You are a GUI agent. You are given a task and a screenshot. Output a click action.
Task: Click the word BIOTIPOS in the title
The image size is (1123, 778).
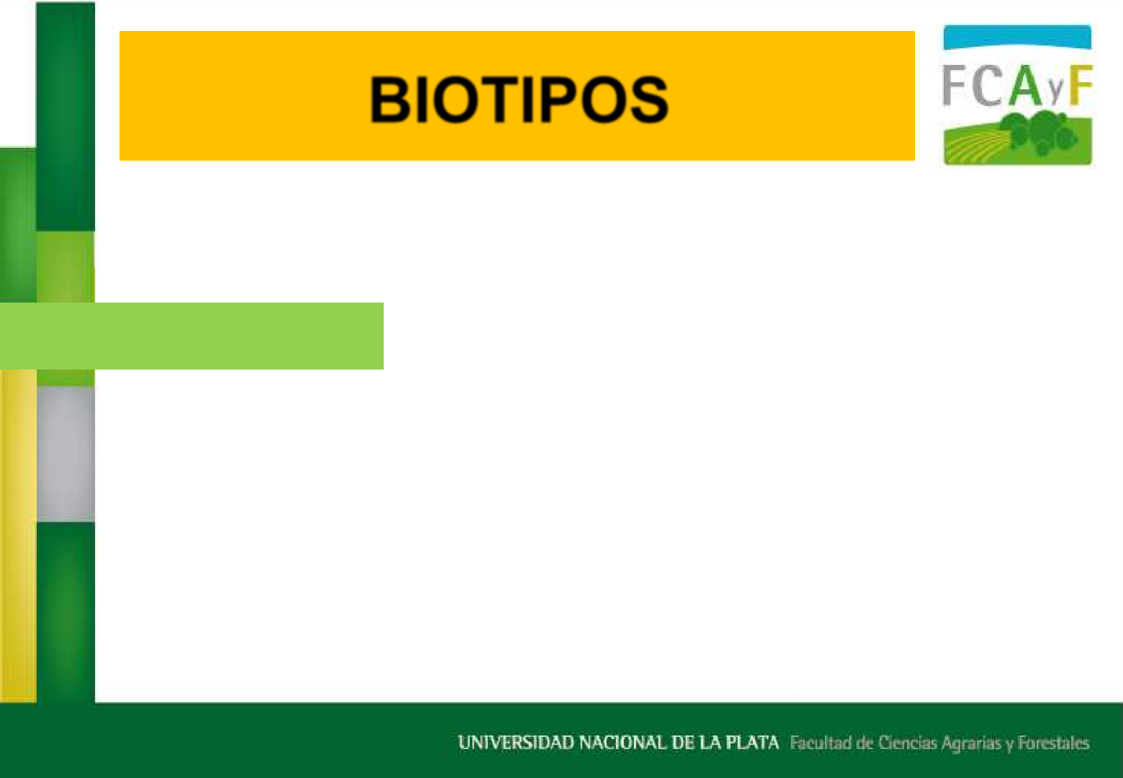519,99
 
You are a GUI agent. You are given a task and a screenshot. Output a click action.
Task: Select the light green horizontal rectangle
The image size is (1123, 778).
191,336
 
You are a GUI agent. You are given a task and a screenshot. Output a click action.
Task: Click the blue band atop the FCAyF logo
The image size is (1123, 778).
1017,37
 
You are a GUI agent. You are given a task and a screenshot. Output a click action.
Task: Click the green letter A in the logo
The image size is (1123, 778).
1026,85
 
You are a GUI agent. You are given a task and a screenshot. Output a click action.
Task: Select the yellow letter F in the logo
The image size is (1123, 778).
1081,85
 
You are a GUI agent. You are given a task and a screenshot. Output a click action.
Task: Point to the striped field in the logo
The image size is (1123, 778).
975,148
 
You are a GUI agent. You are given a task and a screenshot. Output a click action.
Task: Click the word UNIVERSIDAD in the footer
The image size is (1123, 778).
516,743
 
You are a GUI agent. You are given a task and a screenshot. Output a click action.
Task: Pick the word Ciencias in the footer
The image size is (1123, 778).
907,743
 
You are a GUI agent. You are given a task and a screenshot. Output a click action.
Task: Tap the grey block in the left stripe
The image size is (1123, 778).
66,454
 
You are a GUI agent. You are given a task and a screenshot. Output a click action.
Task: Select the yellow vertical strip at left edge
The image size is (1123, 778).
18,536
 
